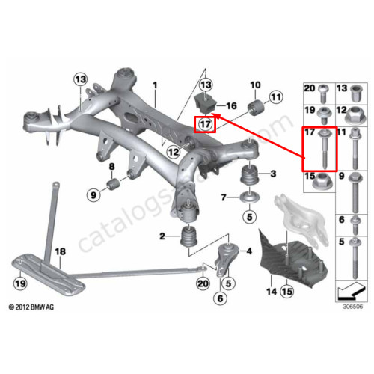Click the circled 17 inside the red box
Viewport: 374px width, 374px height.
(205, 124)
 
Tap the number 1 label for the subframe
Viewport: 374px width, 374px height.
(155, 85)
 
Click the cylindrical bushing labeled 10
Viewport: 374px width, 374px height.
(257, 108)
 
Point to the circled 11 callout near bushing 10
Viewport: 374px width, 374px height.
(276, 97)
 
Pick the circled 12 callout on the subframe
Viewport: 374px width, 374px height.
(174, 152)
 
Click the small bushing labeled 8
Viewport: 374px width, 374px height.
(114, 184)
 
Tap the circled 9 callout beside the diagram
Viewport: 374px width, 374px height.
(93, 194)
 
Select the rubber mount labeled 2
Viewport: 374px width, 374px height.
(189, 236)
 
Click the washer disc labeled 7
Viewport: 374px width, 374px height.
(249, 197)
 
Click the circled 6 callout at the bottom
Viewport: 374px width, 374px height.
(220, 298)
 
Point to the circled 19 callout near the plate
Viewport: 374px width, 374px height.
(20, 283)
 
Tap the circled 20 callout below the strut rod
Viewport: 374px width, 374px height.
(203, 283)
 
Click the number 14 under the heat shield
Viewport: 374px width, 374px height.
(272, 292)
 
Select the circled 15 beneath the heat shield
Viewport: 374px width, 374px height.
(287, 292)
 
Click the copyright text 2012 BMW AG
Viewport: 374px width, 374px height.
(31, 307)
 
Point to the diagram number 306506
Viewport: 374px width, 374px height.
(353, 307)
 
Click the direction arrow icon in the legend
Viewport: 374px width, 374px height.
(352, 291)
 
